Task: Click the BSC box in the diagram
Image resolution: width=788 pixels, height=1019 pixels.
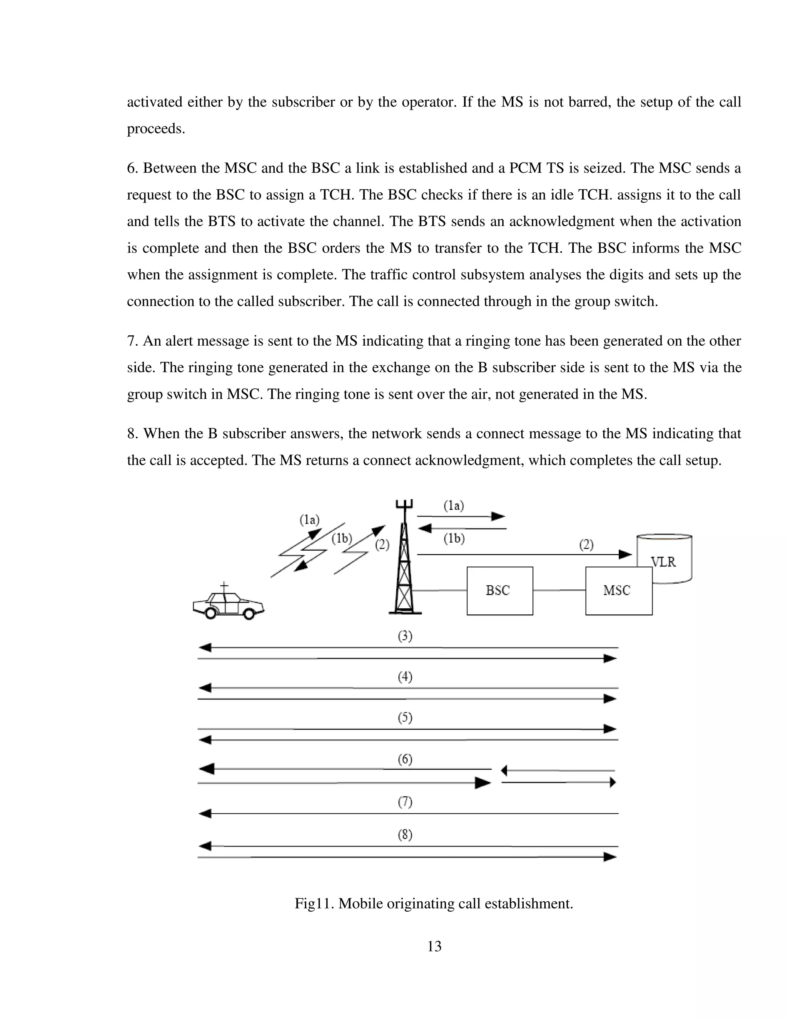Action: click(x=499, y=591)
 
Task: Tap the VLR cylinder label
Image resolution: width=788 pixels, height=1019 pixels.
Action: click(x=663, y=562)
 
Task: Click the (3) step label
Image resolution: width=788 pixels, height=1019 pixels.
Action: click(x=405, y=636)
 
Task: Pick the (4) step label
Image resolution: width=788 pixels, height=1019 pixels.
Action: click(x=405, y=677)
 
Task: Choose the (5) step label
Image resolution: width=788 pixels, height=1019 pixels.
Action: click(x=405, y=718)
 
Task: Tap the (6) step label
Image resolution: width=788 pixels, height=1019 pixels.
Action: click(x=405, y=759)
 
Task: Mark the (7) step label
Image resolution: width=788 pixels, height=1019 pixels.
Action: click(x=405, y=802)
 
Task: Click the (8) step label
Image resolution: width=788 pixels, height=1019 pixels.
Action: click(x=405, y=835)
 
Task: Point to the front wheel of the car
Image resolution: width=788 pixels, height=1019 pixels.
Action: click(x=249, y=614)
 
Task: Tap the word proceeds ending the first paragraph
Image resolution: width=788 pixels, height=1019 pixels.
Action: click(x=155, y=129)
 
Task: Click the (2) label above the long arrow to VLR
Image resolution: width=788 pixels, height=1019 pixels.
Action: click(x=586, y=544)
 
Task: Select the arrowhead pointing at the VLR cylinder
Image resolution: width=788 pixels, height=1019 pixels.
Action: click(x=625, y=554)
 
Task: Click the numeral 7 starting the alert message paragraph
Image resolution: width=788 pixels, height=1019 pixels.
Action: click(x=131, y=341)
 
